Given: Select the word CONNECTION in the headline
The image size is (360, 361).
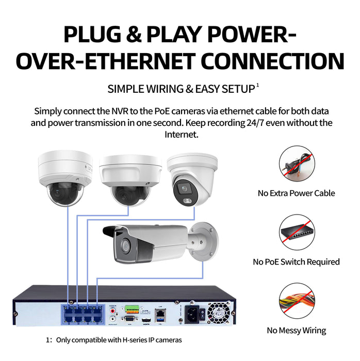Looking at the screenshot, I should (272, 61).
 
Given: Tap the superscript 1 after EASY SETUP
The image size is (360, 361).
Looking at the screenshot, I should (257, 85).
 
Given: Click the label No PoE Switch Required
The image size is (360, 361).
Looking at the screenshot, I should (296, 262).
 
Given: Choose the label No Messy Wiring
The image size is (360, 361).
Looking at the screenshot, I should (296, 331).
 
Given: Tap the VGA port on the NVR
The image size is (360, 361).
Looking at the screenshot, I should (129, 320).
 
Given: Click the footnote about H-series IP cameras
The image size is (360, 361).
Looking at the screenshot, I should (113, 340).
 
